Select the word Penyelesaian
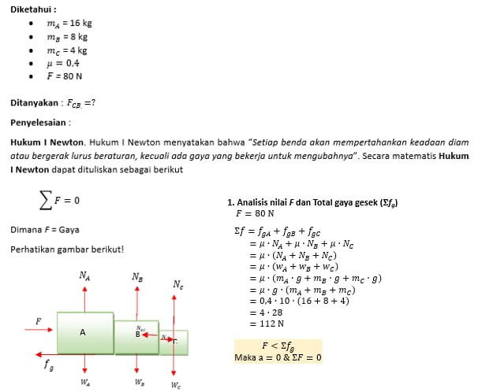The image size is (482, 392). point(39,123)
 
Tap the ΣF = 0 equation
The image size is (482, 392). point(60,200)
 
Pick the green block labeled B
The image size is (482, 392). point(136,335)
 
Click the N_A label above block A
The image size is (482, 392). point(84,276)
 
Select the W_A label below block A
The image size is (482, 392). point(84,383)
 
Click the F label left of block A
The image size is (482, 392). point(38,321)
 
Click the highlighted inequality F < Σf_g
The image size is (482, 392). point(278,346)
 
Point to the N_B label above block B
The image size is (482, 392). point(137,277)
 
